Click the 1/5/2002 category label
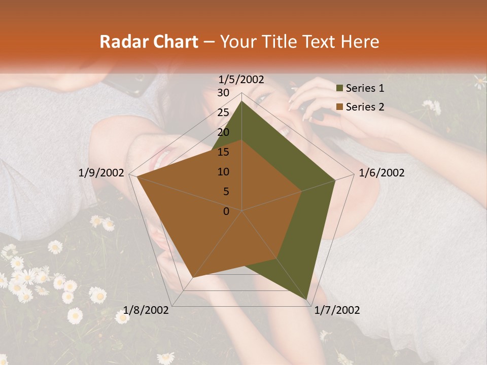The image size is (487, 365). (x=241, y=79)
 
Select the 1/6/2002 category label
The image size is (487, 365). (x=381, y=173)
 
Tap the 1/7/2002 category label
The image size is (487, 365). (x=337, y=310)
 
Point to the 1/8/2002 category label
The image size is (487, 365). (x=147, y=310)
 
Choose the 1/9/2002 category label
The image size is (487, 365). (x=101, y=173)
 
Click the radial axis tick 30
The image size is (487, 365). (x=223, y=93)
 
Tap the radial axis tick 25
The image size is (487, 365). (x=223, y=113)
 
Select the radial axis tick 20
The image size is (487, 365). (x=223, y=132)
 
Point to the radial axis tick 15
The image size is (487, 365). (x=223, y=152)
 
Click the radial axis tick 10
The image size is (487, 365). (x=223, y=172)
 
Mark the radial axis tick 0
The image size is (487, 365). (x=226, y=211)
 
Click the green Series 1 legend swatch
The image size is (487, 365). (x=340, y=89)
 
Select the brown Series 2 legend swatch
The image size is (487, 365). (x=340, y=107)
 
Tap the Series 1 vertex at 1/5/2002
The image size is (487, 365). (x=241, y=101)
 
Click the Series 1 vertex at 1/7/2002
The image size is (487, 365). (x=307, y=300)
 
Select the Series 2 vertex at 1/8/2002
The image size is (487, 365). (x=192, y=278)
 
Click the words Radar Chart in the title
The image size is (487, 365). (x=149, y=42)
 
